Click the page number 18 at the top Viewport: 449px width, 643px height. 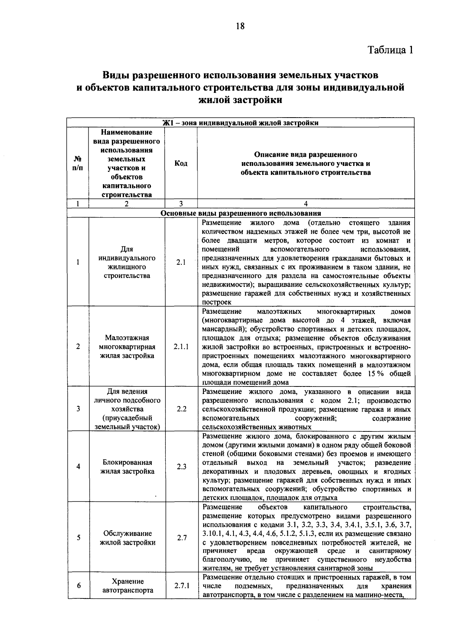click(x=240, y=26)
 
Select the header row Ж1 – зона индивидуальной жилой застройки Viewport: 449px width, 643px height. click(x=240, y=123)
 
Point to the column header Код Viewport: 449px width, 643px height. click(x=181, y=164)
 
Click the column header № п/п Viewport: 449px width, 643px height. click(x=78, y=164)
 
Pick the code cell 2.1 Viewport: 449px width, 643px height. click(x=181, y=263)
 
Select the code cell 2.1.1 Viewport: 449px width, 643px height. click(x=181, y=347)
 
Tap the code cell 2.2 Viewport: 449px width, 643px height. click(x=181, y=409)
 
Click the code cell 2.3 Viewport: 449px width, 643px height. click(x=181, y=467)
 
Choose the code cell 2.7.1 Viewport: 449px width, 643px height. click(x=182, y=586)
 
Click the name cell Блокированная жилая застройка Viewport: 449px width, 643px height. click(x=127, y=467)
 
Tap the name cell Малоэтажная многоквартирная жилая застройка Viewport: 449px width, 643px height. click(x=127, y=347)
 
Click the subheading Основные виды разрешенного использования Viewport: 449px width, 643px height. click(x=240, y=213)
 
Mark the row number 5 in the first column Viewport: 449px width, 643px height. click(x=78, y=538)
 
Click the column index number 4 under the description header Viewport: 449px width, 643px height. click(x=306, y=204)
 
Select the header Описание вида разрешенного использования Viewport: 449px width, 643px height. click(x=306, y=164)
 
